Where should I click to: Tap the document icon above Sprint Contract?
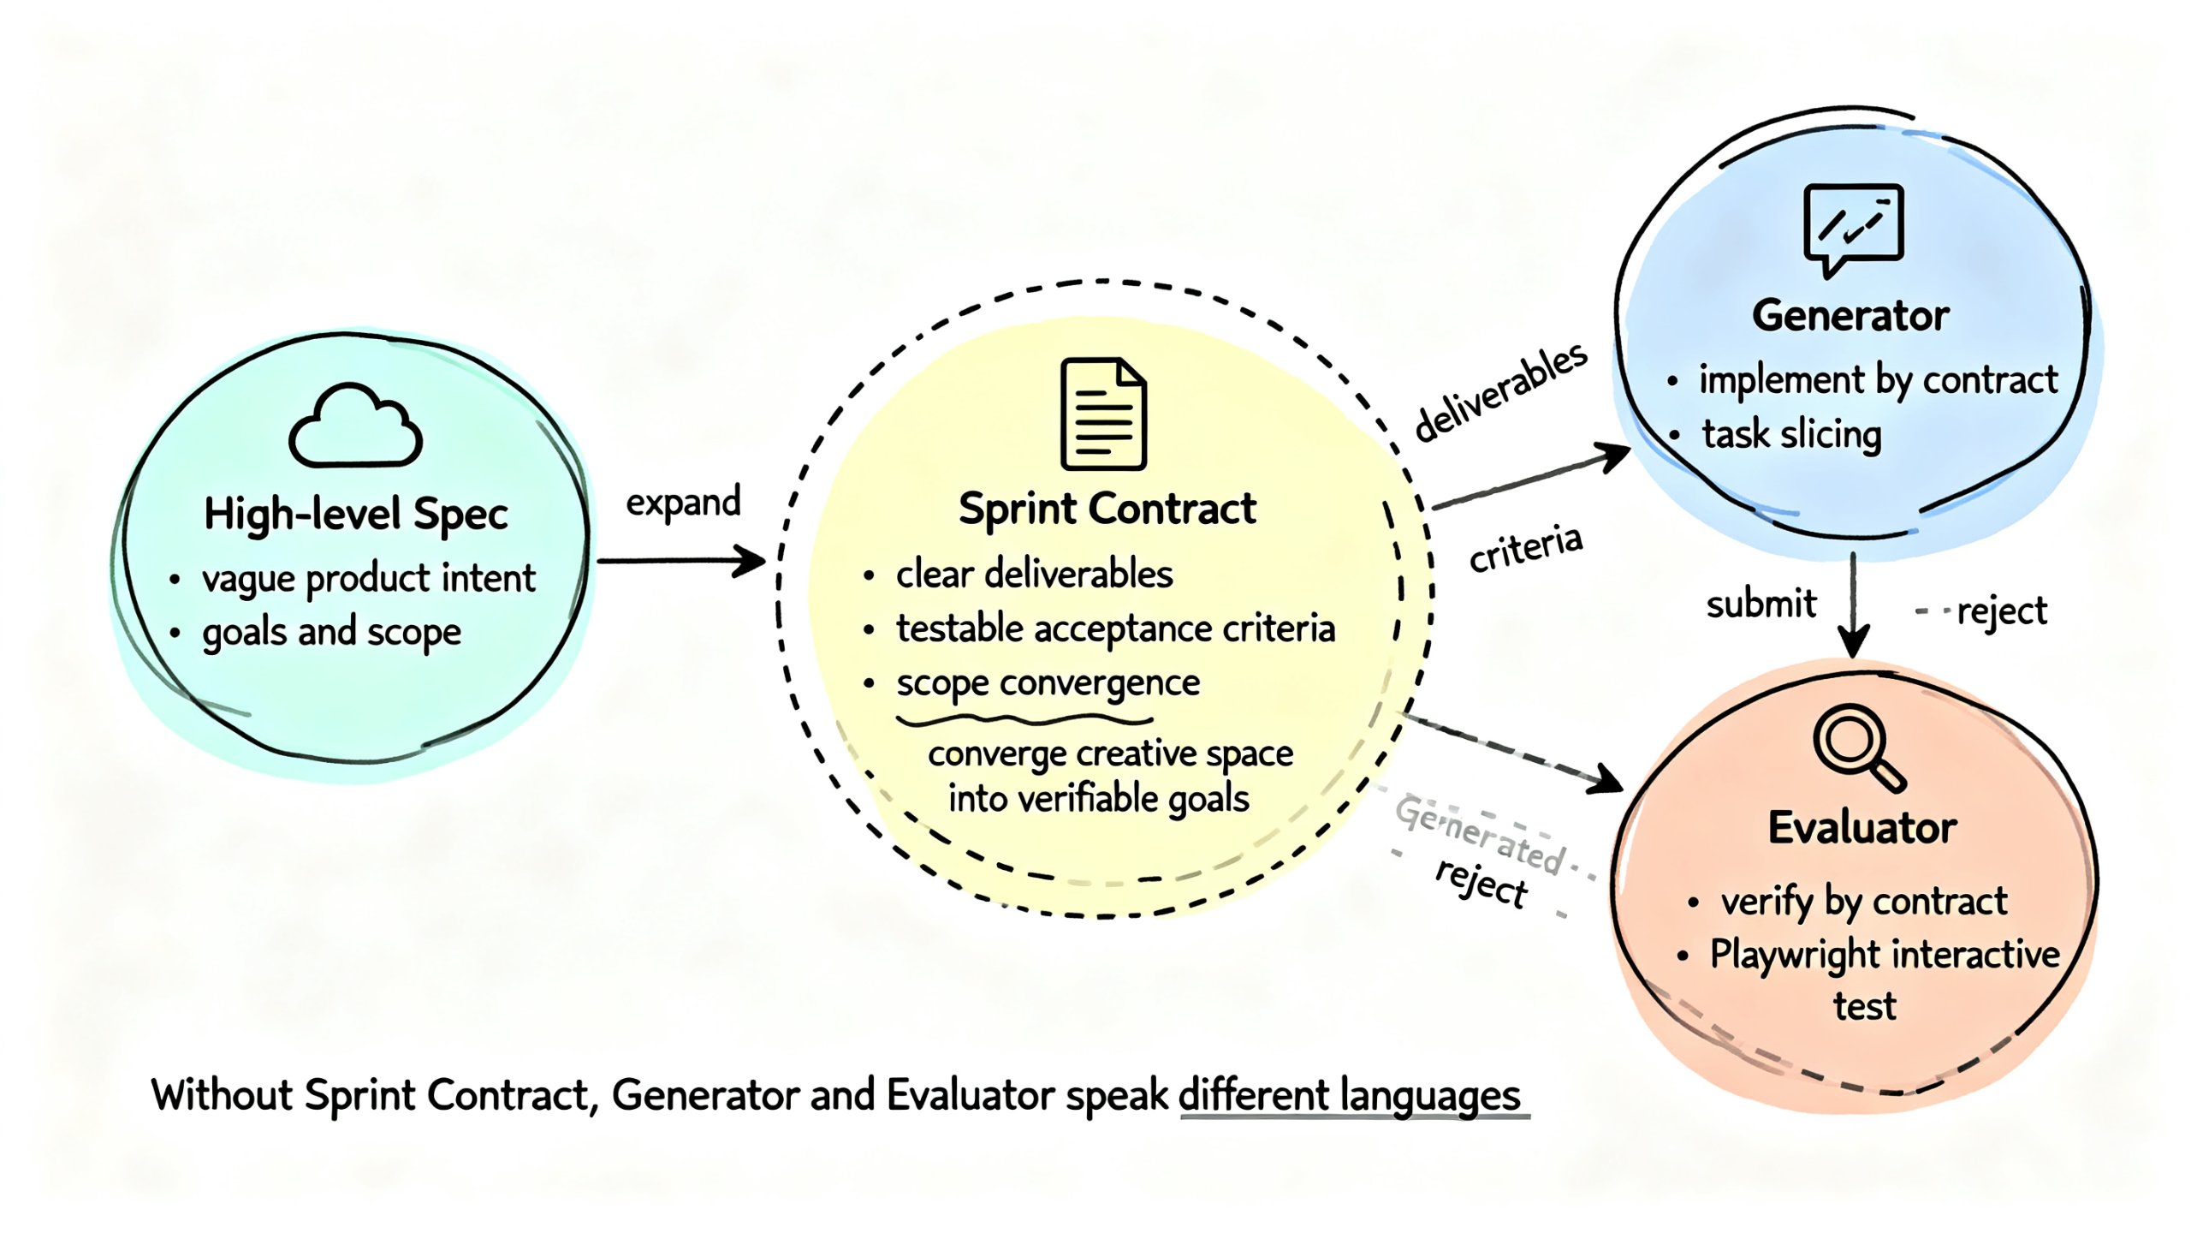click(1102, 414)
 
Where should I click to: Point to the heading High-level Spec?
click(355, 514)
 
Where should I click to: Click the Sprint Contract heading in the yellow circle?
click(1107, 509)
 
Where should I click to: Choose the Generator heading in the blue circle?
click(1850, 316)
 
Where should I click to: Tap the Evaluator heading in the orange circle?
click(1862, 828)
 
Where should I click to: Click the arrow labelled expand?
click(681, 561)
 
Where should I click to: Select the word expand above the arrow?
click(683, 502)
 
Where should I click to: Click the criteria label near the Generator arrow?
click(1525, 548)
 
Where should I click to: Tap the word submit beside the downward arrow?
click(1761, 604)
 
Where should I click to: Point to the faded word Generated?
click(1480, 835)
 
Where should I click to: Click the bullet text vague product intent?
click(368, 579)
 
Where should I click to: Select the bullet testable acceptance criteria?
click(1115, 628)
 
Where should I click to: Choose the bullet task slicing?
click(1791, 434)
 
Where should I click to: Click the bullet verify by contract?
click(1863, 901)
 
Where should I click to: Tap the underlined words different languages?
click(1350, 1095)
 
